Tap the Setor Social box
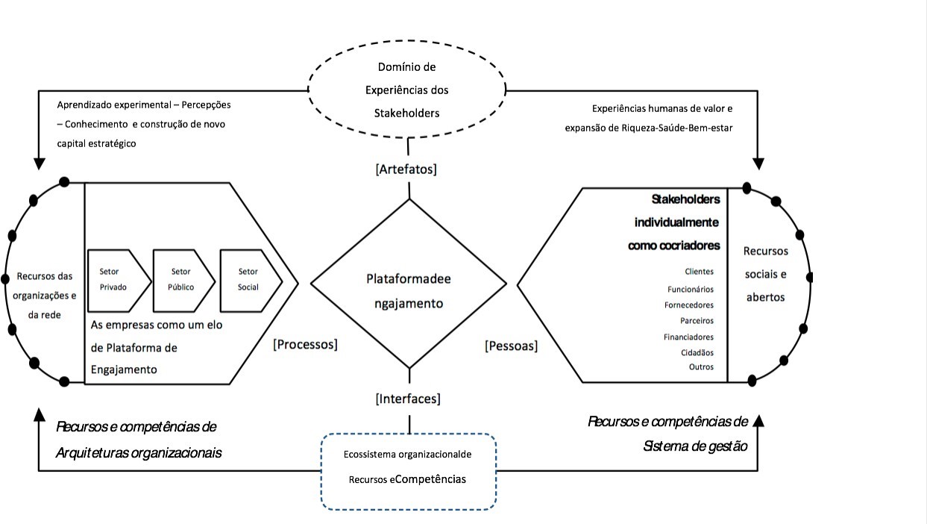(x=248, y=279)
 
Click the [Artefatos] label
(x=406, y=169)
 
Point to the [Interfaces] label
(x=408, y=399)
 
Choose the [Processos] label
(x=305, y=344)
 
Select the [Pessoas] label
(x=511, y=346)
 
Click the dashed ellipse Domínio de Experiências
(x=407, y=90)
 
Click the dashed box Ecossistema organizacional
(x=408, y=471)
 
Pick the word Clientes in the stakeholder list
(x=699, y=272)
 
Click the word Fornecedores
(x=689, y=305)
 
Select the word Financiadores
(x=688, y=337)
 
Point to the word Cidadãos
(x=697, y=352)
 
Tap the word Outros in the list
(x=701, y=367)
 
